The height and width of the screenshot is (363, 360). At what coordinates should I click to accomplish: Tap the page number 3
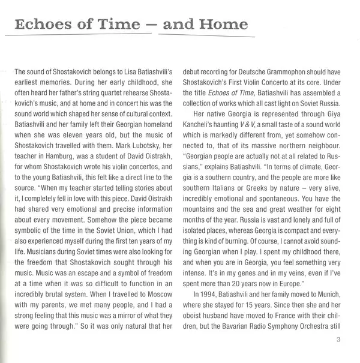(x=339, y=339)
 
